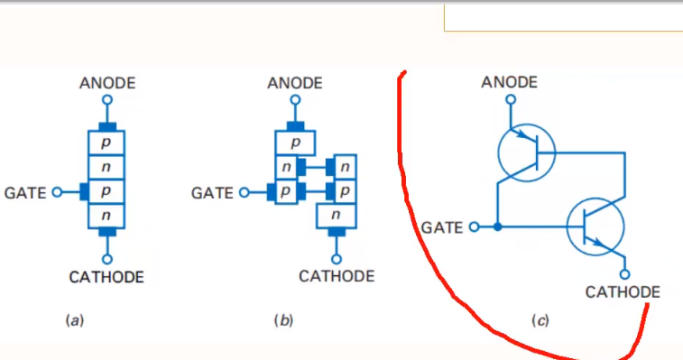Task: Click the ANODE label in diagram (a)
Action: tap(107, 83)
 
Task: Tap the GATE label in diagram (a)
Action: tap(25, 193)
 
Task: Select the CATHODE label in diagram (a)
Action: tap(106, 277)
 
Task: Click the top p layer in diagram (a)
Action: tap(106, 143)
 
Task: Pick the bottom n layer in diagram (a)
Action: tap(106, 216)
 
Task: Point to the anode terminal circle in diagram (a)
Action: tap(107, 100)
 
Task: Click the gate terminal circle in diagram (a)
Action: tap(57, 192)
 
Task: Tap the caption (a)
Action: tap(75, 321)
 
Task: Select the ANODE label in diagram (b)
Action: tap(295, 83)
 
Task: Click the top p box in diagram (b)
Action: tap(295, 143)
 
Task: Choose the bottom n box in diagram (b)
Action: tap(336, 216)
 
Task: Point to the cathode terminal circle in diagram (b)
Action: tap(337, 259)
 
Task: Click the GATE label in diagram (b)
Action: tap(212, 193)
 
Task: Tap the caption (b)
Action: tap(283, 321)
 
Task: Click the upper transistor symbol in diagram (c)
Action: tap(527, 152)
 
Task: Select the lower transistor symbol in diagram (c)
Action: tap(595, 226)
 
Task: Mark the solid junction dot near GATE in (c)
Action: tap(497, 226)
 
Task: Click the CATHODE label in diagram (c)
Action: tap(623, 292)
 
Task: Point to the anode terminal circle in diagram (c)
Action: tap(511, 100)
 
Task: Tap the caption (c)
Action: tap(540, 321)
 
